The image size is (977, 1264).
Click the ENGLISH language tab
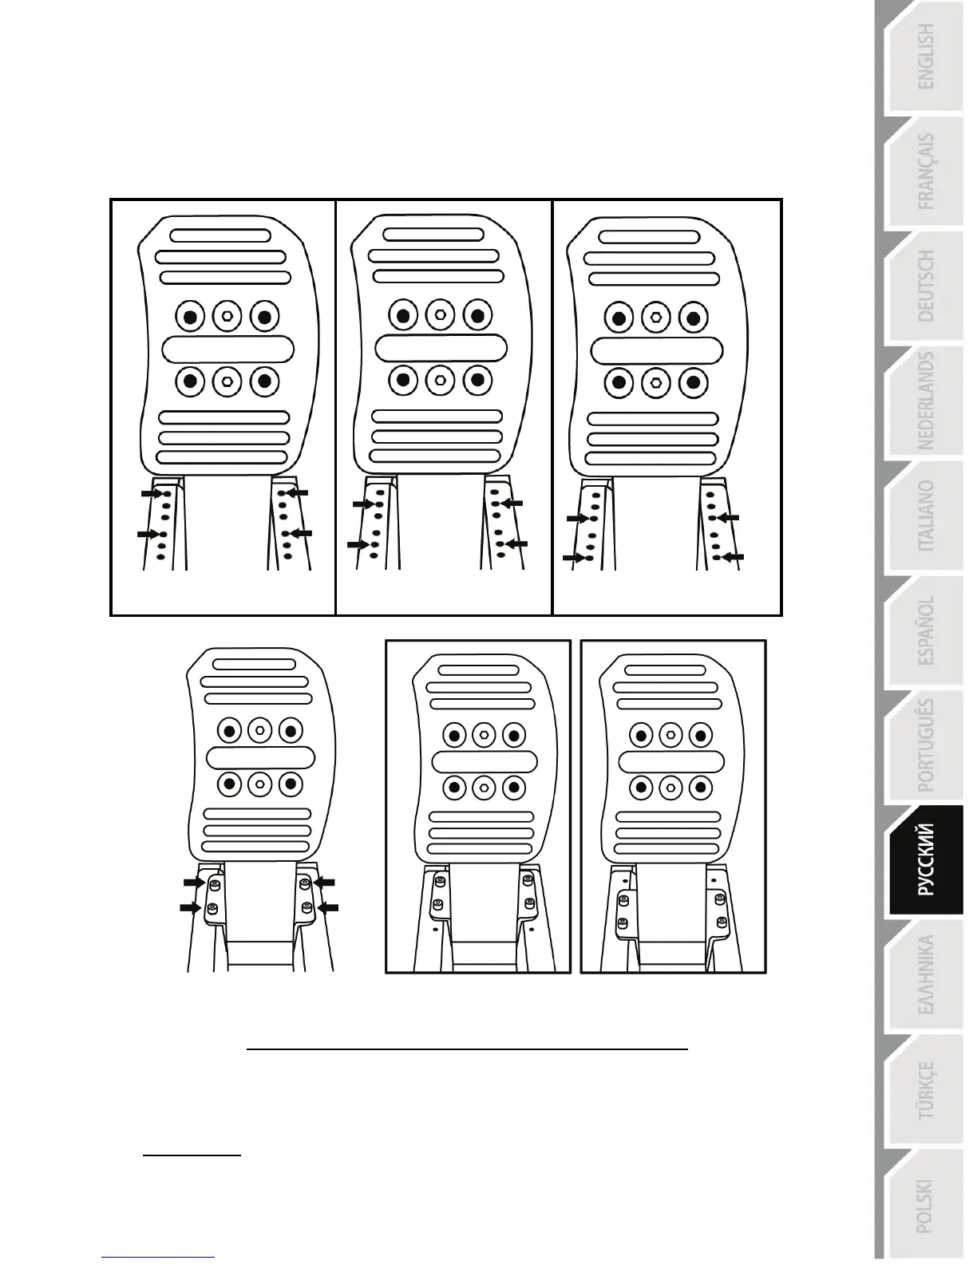coord(925,57)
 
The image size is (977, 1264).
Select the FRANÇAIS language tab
coord(925,172)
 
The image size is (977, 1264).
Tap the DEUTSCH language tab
coord(925,286)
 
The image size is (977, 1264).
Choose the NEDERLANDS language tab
coord(925,401)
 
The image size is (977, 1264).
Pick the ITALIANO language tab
coord(925,516)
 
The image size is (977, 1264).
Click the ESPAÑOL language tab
coord(925,630)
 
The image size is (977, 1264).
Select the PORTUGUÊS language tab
coord(925,745)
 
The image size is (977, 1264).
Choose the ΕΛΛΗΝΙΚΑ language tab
coord(925,975)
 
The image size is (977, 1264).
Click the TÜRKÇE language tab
coord(925,1090)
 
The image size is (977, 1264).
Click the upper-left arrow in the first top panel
coord(151,494)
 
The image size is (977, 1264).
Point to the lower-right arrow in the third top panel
coord(733,555)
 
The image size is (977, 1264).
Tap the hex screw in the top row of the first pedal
coord(227,316)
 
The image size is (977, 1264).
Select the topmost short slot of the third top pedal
coord(649,237)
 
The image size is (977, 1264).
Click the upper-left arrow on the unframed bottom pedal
coord(193,883)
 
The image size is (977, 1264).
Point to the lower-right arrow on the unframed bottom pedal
coord(329,907)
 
